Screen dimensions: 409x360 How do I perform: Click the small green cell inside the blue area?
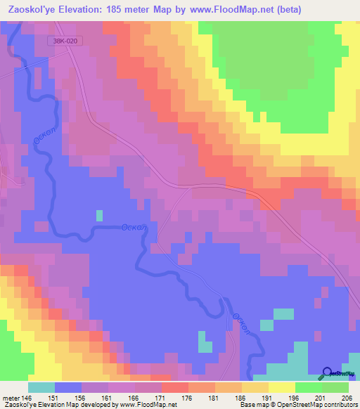(99, 214)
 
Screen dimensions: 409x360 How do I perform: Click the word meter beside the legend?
(11, 398)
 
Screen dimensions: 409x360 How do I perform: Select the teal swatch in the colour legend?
(41, 387)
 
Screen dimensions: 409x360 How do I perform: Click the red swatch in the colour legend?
(175, 387)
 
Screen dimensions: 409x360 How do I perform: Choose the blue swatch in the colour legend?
(68, 387)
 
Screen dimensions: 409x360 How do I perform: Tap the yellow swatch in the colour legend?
(282, 387)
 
